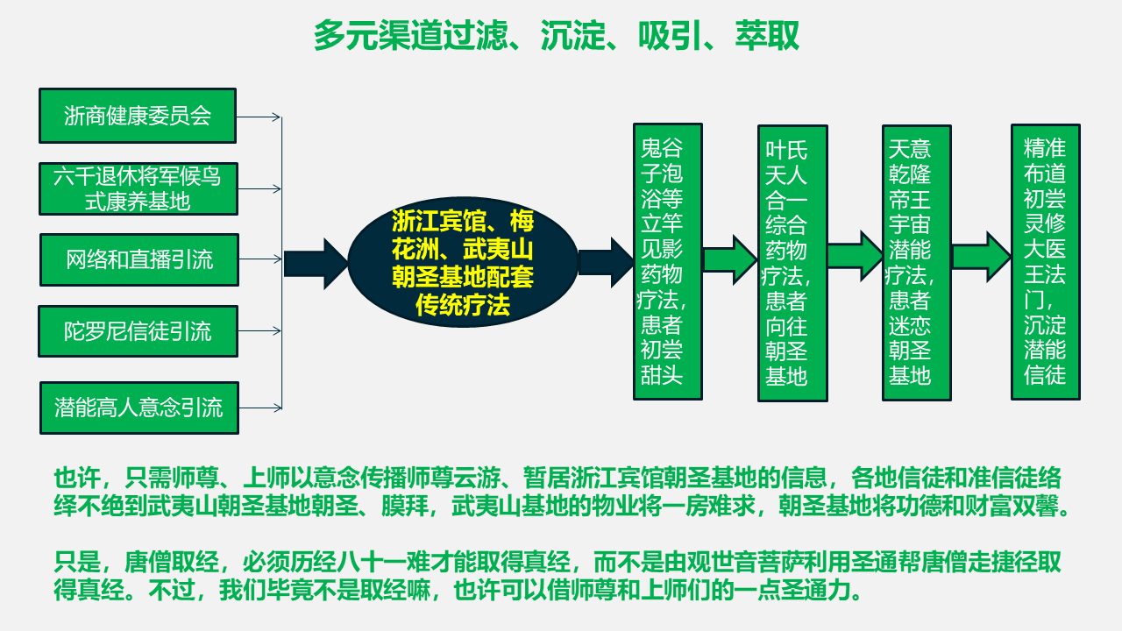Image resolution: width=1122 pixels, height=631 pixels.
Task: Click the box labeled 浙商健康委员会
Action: (x=138, y=116)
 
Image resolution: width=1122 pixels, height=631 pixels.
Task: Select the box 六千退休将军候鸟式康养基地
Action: (x=138, y=188)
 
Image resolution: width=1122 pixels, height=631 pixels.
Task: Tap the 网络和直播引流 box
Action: (x=139, y=259)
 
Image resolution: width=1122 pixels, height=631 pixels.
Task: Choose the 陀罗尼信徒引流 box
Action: (x=138, y=331)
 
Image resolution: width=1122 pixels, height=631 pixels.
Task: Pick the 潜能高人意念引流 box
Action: (x=139, y=408)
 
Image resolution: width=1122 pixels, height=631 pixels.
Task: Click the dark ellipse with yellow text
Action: (x=463, y=262)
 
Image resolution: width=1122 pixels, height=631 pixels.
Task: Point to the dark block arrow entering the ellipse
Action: (x=316, y=264)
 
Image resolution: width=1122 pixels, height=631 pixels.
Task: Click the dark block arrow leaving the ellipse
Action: (x=606, y=262)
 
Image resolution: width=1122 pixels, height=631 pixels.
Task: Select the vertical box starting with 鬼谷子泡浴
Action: (x=668, y=261)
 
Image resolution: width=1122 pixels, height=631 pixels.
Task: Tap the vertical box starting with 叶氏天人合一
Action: (x=792, y=263)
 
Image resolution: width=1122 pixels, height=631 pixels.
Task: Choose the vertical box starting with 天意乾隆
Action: (x=917, y=262)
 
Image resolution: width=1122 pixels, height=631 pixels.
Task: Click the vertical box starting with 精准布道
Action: (x=1046, y=261)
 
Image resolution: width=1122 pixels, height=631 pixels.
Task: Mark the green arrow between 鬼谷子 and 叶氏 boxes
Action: (x=730, y=259)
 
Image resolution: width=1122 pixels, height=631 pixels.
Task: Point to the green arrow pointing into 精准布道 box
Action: (x=982, y=257)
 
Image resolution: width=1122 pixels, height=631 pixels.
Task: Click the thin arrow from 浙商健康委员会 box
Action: (x=259, y=117)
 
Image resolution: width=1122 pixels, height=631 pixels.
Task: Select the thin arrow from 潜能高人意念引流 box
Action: (x=260, y=408)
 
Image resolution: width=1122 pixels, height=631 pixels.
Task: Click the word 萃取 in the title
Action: (x=767, y=36)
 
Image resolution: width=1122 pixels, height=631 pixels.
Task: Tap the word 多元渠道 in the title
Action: (x=379, y=36)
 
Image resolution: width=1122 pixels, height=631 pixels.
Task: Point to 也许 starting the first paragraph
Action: (x=77, y=479)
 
